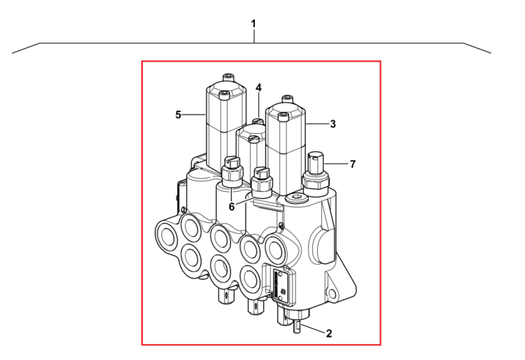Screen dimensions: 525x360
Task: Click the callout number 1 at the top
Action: click(253, 24)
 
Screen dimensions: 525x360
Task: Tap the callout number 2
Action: click(329, 333)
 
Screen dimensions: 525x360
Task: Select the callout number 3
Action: click(332, 124)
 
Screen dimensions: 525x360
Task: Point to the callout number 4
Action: click(258, 88)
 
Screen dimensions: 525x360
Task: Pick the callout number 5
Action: click(178, 115)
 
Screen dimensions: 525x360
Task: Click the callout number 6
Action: click(232, 207)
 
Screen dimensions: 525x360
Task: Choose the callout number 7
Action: click(353, 164)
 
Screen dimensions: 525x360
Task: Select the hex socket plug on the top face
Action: click(296, 199)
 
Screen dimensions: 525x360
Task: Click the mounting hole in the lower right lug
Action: click(332, 293)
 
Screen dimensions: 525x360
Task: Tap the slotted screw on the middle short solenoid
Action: click(253, 138)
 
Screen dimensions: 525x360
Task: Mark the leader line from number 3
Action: click(316, 124)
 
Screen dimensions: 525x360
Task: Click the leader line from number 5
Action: click(194, 115)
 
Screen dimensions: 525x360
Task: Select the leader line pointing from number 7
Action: click(336, 164)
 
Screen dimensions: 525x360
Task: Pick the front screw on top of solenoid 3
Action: click(283, 117)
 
